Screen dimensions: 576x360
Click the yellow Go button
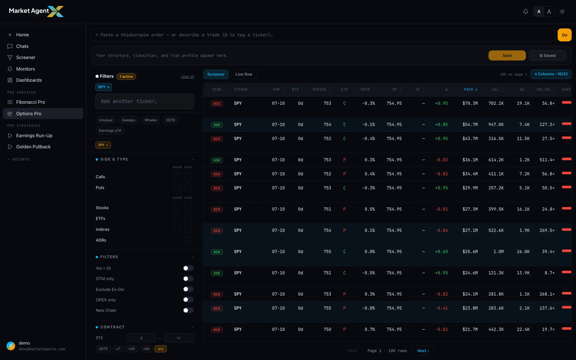click(564, 35)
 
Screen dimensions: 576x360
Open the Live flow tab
click(244, 74)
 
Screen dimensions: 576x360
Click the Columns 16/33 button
click(551, 74)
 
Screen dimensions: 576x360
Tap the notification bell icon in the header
click(525, 12)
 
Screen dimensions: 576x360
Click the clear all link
click(187, 76)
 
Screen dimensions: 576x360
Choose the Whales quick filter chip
click(151, 120)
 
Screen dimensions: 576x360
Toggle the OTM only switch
click(188, 279)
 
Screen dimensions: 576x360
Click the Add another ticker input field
click(145, 101)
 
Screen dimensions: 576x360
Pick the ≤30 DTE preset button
click(131, 349)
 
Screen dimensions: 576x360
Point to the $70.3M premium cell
click(470, 103)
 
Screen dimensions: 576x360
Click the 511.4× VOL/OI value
click(547, 160)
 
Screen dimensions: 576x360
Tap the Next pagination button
click(423, 351)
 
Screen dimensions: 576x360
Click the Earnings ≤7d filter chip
click(110, 131)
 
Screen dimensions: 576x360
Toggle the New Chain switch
click(188, 310)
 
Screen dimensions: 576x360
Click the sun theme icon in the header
click(562, 12)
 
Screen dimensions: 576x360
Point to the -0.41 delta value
click(441, 308)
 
